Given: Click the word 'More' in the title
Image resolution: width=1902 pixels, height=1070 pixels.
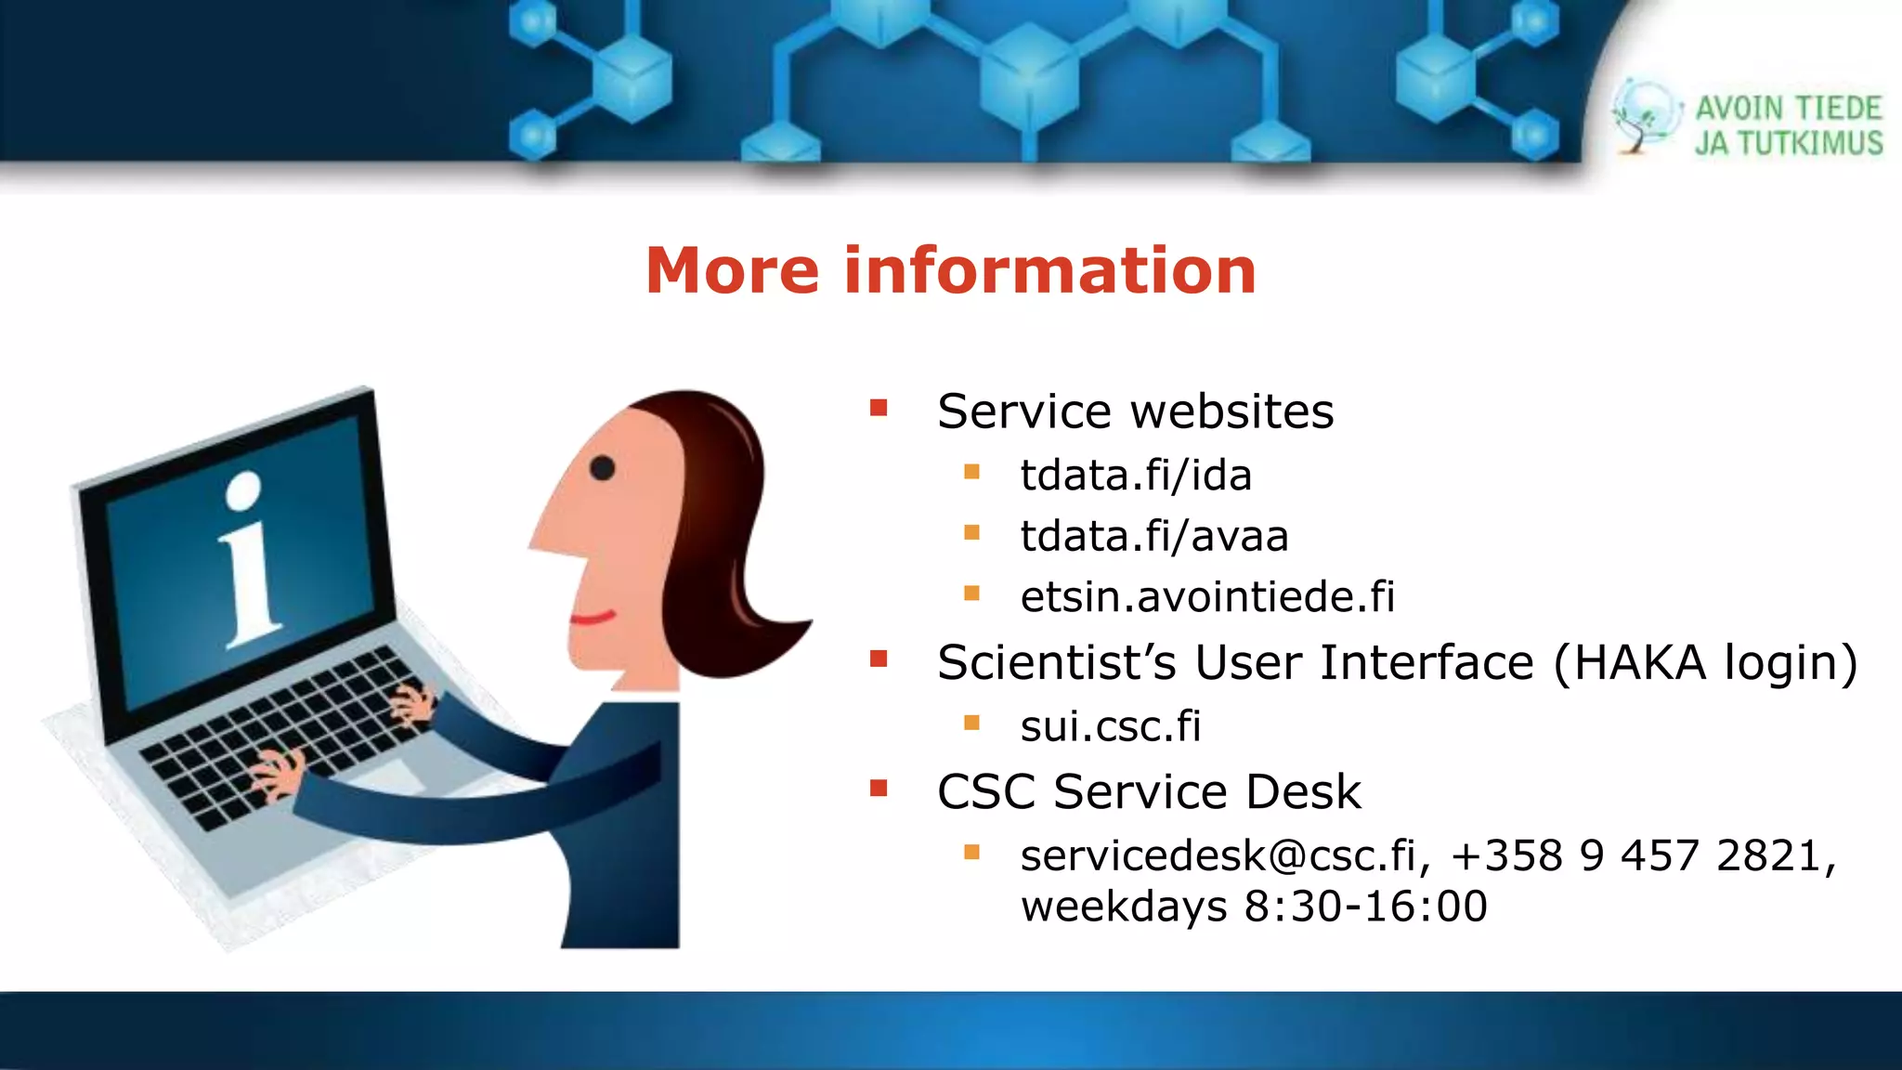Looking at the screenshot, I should pyautogui.click(x=732, y=271).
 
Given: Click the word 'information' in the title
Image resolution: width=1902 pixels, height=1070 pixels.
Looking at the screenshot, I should pyautogui.click(x=1049, y=271).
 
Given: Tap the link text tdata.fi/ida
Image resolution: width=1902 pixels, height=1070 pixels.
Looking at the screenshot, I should pyautogui.click(x=1135, y=476).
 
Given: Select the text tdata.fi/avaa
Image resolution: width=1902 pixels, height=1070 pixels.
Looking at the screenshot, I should pyautogui.click(x=1153, y=537).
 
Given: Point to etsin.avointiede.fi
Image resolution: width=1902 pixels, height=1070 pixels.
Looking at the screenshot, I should pyautogui.click(x=1206, y=597).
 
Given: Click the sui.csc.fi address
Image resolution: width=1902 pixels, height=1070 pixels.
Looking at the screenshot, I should pyautogui.click(x=1110, y=726).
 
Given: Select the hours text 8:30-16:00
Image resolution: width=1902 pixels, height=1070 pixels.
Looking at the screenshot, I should pyautogui.click(x=1365, y=907).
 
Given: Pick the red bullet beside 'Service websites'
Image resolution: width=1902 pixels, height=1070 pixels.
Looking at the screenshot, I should pyautogui.click(x=879, y=408).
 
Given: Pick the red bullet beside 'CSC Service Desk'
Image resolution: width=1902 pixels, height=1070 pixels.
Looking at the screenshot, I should pyautogui.click(x=879, y=789).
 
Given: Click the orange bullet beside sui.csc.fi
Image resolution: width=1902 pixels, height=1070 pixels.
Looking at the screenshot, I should pyautogui.click(x=971, y=723).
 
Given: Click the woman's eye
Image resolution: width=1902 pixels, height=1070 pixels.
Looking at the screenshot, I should pyautogui.click(x=602, y=468).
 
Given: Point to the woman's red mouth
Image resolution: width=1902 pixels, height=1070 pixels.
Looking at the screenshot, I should pyautogui.click(x=593, y=618).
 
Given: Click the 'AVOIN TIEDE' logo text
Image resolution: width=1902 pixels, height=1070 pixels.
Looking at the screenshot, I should pyautogui.click(x=1788, y=109).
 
